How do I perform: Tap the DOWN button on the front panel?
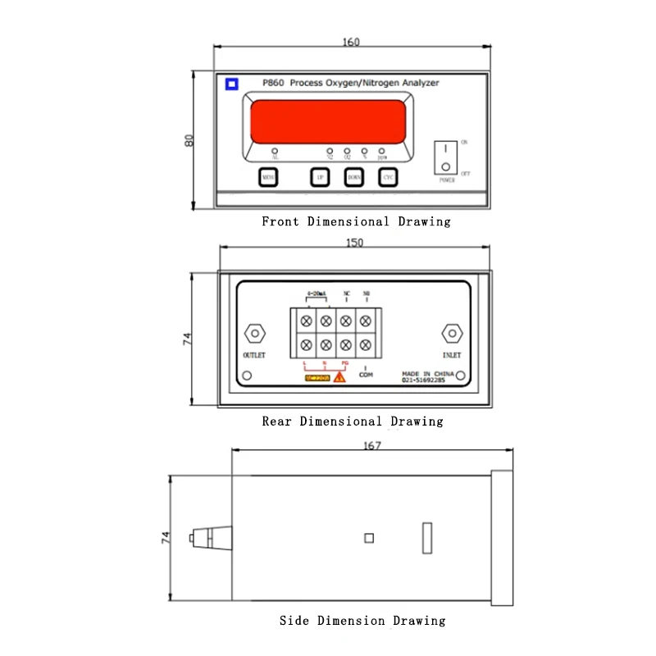pyautogui.click(x=353, y=177)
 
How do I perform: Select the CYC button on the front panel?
pyautogui.click(x=388, y=177)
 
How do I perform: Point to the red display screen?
pyautogui.click(x=328, y=122)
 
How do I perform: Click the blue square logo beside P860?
pyautogui.click(x=232, y=83)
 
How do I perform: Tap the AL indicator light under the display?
pyautogui.click(x=275, y=152)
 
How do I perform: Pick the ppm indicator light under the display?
pyautogui.click(x=381, y=152)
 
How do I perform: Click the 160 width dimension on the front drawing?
pyautogui.click(x=351, y=42)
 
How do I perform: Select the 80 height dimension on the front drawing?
pyautogui.click(x=189, y=140)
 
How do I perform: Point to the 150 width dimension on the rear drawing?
pyautogui.click(x=355, y=243)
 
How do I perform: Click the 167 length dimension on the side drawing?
pyautogui.click(x=372, y=445)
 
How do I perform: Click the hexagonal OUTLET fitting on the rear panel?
pyautogui.click(x=254, y=334)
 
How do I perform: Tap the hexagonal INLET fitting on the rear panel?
pyautogui.click(x=450, y=334)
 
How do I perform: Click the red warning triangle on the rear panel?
pyautogui.click(x=339, y=376)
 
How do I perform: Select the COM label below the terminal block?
pyautogui.click(x=366, y=374)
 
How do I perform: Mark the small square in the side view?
pyautogui.click(x=369, y=538)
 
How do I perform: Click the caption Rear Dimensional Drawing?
pyautogui.click(x=353, y=421)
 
